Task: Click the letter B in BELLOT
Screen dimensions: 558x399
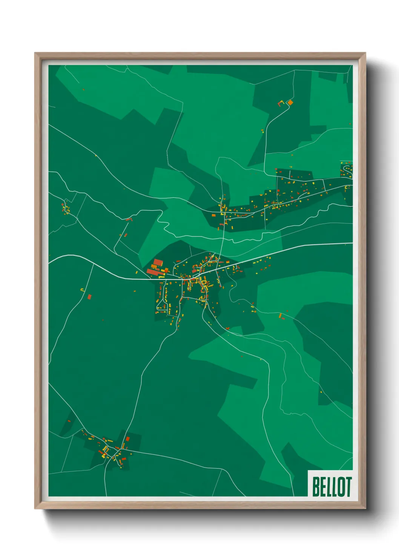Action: pyautogui.click(x=316, y=487)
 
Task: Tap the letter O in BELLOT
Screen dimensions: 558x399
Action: pyautogui.click(x=340, y=487)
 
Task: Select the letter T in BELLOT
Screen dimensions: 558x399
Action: pyautogui.click(x=348, y=487)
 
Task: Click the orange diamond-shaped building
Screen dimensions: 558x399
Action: pyautogui.click(x=290, y=102)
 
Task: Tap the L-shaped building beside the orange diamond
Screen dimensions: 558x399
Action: pyautogui.click(x=281, y=103)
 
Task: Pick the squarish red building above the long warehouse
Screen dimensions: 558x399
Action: pyautogui.click(x=158, y=262)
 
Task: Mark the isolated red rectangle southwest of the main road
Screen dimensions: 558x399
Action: pyautogui.click(x=89, y=296)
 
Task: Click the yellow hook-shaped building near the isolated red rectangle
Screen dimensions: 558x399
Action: pyautogui.click(x=82, y=290)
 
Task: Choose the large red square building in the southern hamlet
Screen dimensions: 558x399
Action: pyautogui.click(x=127, y=439)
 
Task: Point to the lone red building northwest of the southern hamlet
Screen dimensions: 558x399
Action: pyautogui.click(x=69, y=421)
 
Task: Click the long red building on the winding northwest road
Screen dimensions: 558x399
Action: pyautogui.click(x=129, y=219)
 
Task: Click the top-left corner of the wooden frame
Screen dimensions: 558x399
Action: pyautogui.click(x=35, y=54)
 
